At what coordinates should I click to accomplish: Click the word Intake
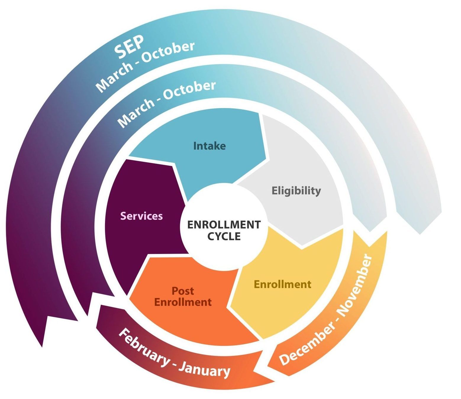pyautogui.click(x=209, y=146)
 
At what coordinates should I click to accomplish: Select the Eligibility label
pyautogui.click(x=296, y=190)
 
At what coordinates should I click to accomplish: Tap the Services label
pyautogui.click(x=141, y=216)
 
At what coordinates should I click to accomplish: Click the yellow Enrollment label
pyautogui.click(x=283, y=284)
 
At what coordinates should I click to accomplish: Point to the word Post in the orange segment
pyautogui.click(x=183, y=291)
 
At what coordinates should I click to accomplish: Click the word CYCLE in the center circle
pyautogui.click(x=224, y=236)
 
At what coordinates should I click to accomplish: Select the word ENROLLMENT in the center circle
pyautogui.click(x=224, y=225)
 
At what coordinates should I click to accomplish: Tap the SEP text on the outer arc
pyautogui.click(x=129, y=47)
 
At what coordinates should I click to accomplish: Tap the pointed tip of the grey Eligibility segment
pyautogui.click(x=302, y=249)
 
